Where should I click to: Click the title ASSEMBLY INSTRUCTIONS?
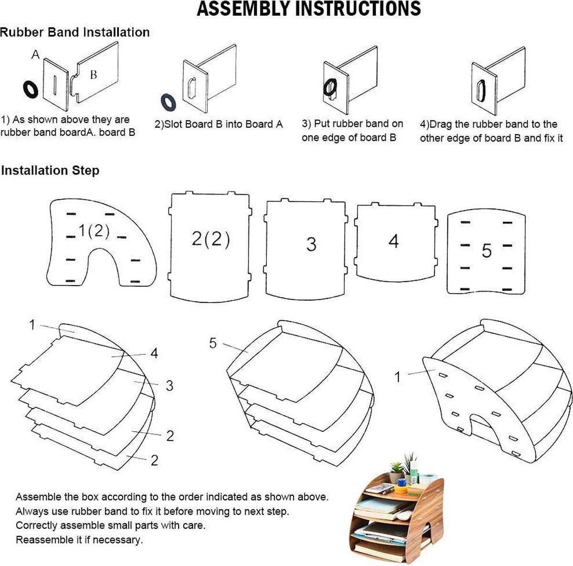coord(309,9)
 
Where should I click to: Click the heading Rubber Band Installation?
coord(74,33)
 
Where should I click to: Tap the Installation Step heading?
coord(50,171)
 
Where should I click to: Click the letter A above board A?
coord(35,55)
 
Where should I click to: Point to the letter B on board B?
coord(94,75)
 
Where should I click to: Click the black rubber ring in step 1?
coord(31,89)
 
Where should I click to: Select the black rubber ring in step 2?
coord(168,102)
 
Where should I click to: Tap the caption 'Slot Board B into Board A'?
coord(219,124)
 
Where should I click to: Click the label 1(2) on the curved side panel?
coord(94,231)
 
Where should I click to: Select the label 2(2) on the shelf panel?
coord(211,239)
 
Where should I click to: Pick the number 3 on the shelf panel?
coord(311,244)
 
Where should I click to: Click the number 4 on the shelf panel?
coord(393,241)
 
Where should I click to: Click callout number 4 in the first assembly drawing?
coord(154,353)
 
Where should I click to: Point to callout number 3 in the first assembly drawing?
coord(169,385)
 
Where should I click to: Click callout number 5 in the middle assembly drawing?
coord(213,343)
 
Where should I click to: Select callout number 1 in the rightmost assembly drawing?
coord(397,377)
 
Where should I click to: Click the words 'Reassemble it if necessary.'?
coord(79,540)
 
